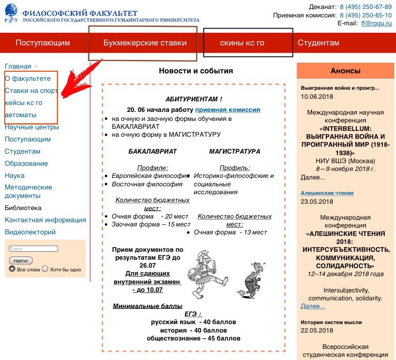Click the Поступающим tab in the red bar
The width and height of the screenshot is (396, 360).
pos(43,43)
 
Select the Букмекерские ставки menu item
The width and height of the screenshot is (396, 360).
pos(145,43)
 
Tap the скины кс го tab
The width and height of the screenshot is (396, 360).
pos(242,43)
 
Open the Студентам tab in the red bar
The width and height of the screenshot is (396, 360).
pos(318,43)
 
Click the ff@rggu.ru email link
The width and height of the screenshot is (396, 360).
pos(376,23)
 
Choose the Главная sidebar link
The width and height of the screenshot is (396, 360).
pos(18,67)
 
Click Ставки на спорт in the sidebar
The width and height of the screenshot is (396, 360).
pos(31,91)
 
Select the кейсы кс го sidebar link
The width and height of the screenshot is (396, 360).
pos(23,103)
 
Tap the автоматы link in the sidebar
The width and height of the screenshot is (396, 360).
pos(21,115)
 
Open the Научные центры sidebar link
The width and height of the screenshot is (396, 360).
pos(32,127)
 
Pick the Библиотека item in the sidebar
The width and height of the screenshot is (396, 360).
pos(23,208)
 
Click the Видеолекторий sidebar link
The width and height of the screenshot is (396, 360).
pos(30,232)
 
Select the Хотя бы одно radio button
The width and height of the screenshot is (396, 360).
pos(45,269)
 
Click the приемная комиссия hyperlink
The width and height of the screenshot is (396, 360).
pos(228,110)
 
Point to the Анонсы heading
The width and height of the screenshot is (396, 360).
pos(345,71)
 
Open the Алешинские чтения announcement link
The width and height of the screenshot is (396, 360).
pos(327,193)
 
